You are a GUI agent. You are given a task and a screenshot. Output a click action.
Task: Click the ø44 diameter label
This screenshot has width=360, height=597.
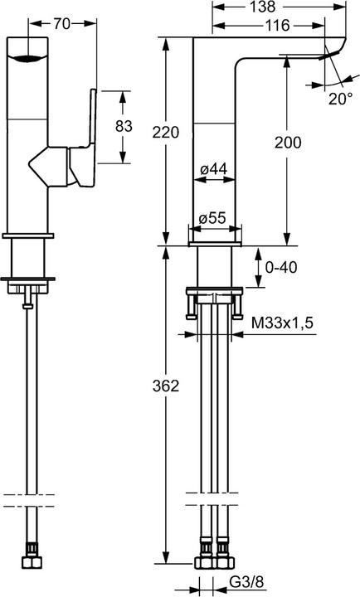[214, 169]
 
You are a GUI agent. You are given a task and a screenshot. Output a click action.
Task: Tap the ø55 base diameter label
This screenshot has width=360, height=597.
[214, 219]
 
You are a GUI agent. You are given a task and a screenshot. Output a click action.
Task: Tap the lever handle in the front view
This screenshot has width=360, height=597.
[88, 137]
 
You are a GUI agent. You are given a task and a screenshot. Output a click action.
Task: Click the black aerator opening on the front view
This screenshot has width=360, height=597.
[28, 59]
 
